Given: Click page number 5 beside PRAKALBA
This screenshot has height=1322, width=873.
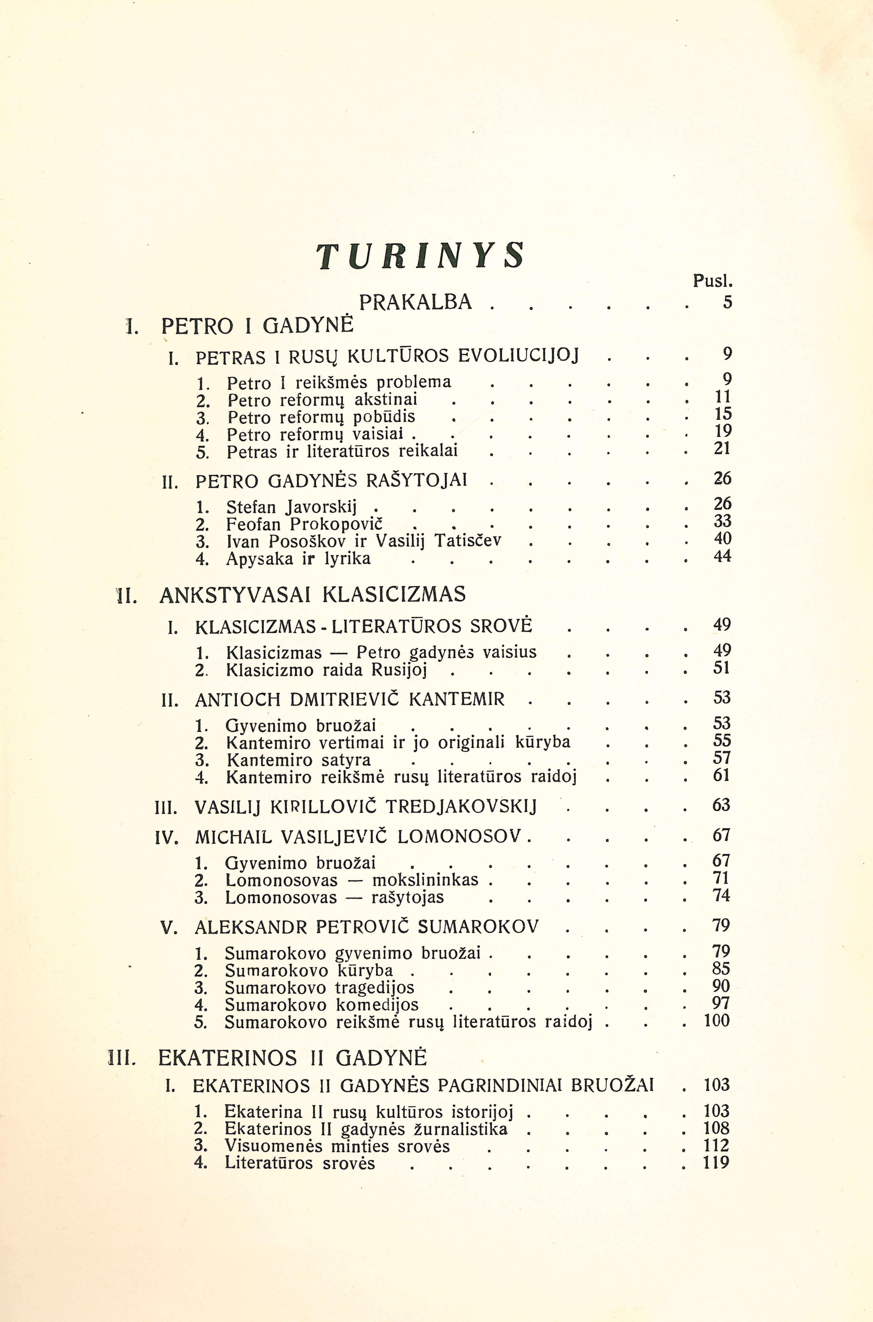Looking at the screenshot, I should [x=727, y=302].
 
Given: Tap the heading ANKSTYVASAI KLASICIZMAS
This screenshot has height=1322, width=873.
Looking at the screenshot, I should [x=312, y=595].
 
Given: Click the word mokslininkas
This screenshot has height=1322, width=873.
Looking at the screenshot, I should [x=425, y=880].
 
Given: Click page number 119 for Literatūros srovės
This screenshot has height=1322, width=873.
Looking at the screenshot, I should [x=716, y=1163].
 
